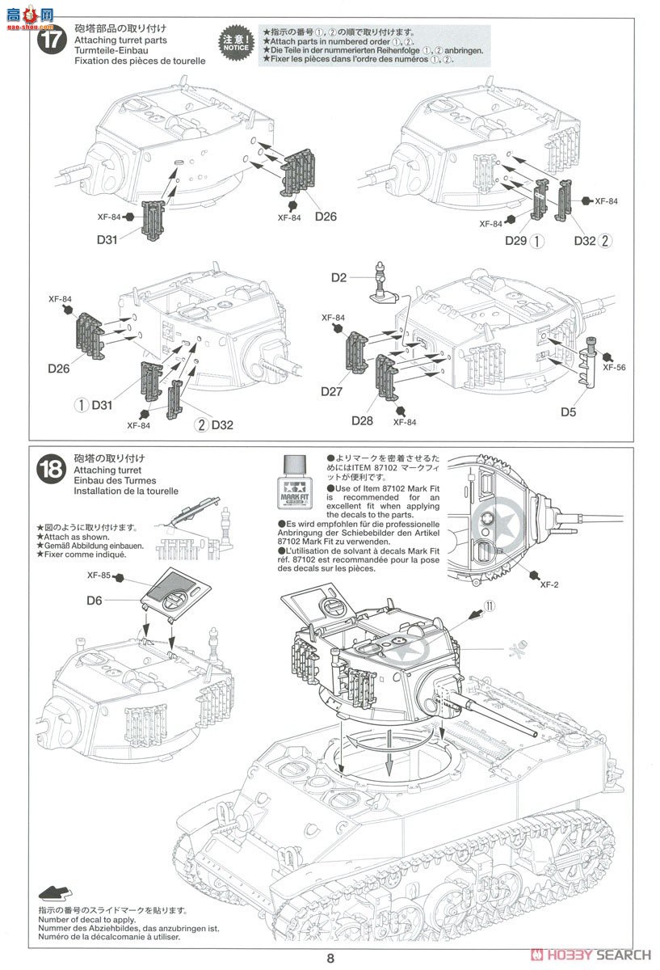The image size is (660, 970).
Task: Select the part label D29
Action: tap(516, 240)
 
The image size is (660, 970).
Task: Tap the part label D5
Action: tap(569, 412)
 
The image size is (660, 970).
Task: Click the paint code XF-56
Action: tap(613, 365)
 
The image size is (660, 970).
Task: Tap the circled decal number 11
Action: tap(489, 605)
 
